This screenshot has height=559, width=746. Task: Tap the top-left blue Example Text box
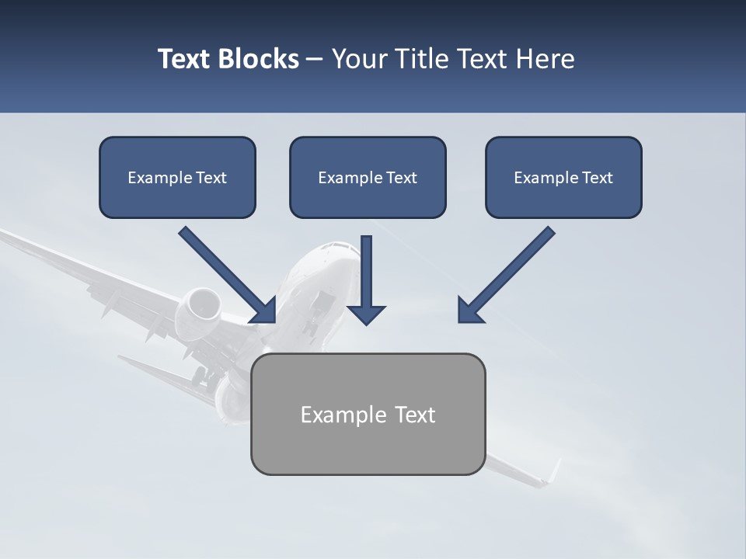click(177, 177)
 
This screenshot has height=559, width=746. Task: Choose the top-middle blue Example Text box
click(368, 177)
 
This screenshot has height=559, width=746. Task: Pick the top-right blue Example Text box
click(563, 177)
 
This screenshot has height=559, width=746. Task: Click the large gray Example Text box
click(368, 414)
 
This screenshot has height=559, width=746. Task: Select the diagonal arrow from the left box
click(229, 276)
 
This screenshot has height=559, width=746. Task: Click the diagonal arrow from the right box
click(505, 276)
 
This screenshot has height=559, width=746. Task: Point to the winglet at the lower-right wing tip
click(553, 471)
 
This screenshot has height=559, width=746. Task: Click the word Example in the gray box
click(343, 415)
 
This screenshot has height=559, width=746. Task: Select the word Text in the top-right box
click(598, 178)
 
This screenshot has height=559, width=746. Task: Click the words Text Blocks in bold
click(228, 59)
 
